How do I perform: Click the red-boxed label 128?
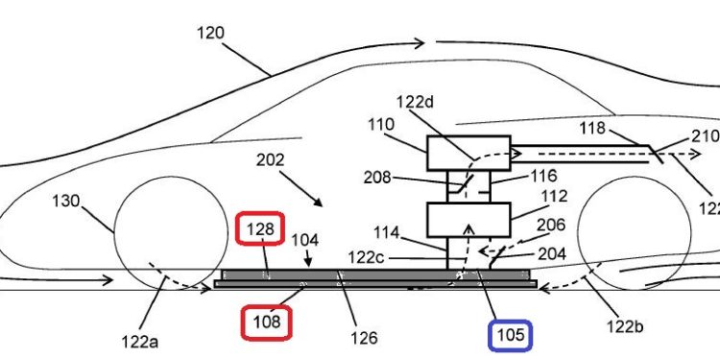point(260,228)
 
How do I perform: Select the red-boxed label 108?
point(267,323)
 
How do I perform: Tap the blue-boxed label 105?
point(510,335)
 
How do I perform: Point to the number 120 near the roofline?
point(211,33)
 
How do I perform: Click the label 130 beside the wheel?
point(65,201)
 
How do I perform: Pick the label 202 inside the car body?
point(270,160)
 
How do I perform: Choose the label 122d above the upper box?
point(415,102)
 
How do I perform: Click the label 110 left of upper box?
point(380,125)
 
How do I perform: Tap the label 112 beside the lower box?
point(555,196)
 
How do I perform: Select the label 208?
point(377,178)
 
